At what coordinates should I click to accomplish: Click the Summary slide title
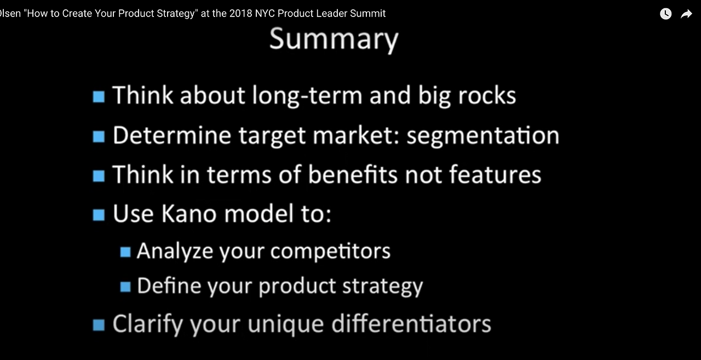click(334, 40)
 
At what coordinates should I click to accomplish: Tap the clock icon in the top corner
click(665, 14)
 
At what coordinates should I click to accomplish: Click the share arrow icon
click(686, 14)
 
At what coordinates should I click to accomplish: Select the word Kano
click(189, 214)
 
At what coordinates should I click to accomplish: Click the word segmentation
click(483, 136)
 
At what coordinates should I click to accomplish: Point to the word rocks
click(487, 95)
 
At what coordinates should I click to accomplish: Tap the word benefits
click(353, 174)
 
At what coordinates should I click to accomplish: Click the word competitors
click(330, 251)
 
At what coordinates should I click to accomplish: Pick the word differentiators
click(411, 323)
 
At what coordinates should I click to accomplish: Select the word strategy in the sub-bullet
click(382, 287)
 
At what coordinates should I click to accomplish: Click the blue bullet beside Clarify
click(99, 325)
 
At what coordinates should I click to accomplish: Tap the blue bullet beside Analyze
click(125, 252)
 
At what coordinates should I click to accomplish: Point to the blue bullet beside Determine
click(99, 136)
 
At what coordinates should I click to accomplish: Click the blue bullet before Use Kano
click(99, 215)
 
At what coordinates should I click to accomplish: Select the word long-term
click(307, 96)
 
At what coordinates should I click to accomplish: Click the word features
click(495, 174)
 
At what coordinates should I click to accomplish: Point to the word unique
click(286, 324)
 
